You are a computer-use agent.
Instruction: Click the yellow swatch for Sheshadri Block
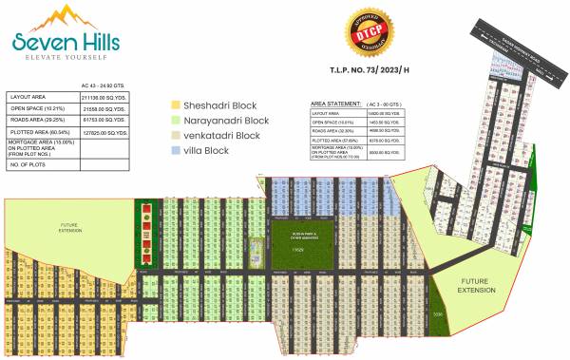pyautogui.click(x=175, y=104)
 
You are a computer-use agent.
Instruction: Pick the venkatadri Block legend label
pyautogui.click(x=221, y=135)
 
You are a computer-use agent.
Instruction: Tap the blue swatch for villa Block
pyautogui.click(x=175, y=150)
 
